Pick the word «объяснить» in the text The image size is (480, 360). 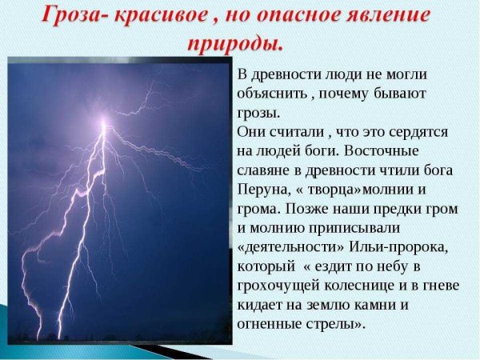(270, 94)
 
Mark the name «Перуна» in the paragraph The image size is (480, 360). (262, 189)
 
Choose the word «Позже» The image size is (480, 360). (303, 208)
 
